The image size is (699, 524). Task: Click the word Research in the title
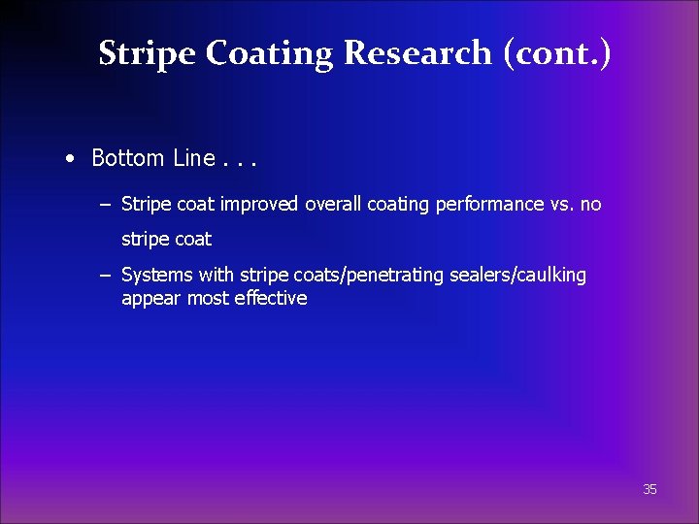[x=417, y=53]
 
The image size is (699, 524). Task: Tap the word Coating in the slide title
[x=272, y=53]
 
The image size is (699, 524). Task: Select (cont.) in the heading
[x=557, y=53]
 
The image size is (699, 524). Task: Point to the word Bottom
[x=129, y=157]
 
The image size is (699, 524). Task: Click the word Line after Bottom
[x=193, y=157]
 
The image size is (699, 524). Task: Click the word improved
[x=261, y=204]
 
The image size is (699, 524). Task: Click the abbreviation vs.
[x=563, y=204]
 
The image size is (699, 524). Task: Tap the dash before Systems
[x=104, y=276]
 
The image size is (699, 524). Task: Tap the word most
[x=207, y=299]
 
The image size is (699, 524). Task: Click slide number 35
[x=649, y=490]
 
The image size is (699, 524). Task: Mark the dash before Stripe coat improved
[x=104, y=204]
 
